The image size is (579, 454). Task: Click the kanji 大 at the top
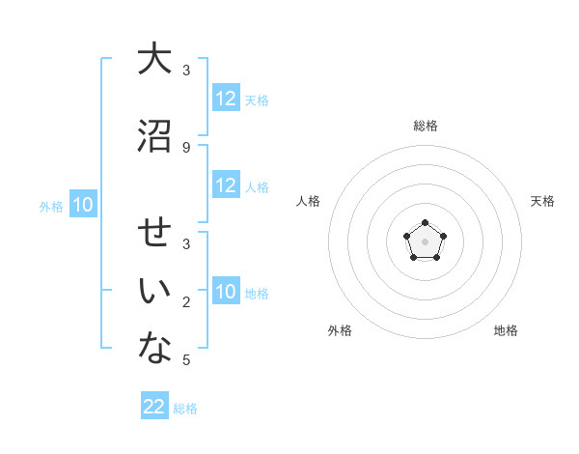(x=154, y=59)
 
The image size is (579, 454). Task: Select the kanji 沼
(x=154, y=136)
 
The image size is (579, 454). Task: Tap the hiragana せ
(x=154, y=235)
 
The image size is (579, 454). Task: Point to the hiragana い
(x=154, y=293)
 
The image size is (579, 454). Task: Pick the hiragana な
(x=154, y=350)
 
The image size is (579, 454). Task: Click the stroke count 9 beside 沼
(x=186, y=147)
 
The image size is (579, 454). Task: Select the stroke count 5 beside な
(x=186, y=360)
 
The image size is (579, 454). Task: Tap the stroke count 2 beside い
(x=186, y=303)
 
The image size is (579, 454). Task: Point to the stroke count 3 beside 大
(x=186, y=71)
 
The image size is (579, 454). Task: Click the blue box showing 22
(x=154, y=407)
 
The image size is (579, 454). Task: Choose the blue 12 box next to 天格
(x=226, y=99)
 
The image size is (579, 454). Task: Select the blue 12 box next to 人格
(x=226, y=185)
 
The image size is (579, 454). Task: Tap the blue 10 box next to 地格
(x=226, y=292)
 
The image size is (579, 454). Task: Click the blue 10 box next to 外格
(x=82, y=205)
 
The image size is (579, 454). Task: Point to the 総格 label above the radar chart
(x=425, y=126)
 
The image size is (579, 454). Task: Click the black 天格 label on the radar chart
(x=542, y=201)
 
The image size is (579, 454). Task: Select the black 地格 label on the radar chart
(x=506, y=330)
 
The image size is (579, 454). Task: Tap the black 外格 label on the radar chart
(x=340, y=330)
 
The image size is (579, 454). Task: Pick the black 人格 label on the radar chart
(x=308, y=201)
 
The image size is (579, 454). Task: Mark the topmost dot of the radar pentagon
(x=425, y=224)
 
